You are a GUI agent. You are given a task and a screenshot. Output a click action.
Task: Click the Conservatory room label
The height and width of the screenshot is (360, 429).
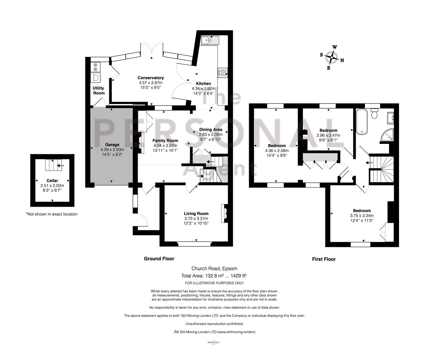click(x=151, y=78)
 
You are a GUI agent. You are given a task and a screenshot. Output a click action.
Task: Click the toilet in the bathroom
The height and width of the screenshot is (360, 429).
click(x=374, y=114)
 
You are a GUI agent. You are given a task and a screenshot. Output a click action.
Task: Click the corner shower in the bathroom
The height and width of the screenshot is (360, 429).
click(x=387, y=135)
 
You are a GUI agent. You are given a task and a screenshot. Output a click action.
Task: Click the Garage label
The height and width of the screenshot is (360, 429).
click(x=112, y=145)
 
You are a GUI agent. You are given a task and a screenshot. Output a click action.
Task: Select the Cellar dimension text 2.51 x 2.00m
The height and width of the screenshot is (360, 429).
click(x=52, y=185)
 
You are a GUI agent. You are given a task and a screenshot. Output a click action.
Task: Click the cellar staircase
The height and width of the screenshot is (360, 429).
click(x=54, y=165)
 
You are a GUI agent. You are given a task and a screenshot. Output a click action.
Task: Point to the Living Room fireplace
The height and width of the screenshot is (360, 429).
click(x=224, y=213)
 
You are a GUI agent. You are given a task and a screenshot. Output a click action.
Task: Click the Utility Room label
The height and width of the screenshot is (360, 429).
click(x=99, y=90)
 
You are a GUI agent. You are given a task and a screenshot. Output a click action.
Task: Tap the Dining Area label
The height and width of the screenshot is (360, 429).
click(x=211, y=130)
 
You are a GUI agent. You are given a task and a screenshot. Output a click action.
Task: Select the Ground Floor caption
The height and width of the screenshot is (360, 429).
click(x=159, y=259)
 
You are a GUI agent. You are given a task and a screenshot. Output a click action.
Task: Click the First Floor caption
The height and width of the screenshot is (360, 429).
click(x=324, y=259)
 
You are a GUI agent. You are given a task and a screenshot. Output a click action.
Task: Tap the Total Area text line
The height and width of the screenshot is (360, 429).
click(x=214, y=275)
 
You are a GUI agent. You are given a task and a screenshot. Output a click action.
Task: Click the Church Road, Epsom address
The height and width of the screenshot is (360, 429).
click(x=214, y=268)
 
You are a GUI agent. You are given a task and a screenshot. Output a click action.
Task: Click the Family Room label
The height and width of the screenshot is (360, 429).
click(x=165, y=141)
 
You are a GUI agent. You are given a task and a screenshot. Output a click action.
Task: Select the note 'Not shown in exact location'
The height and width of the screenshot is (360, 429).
click(x=52, y=214)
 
